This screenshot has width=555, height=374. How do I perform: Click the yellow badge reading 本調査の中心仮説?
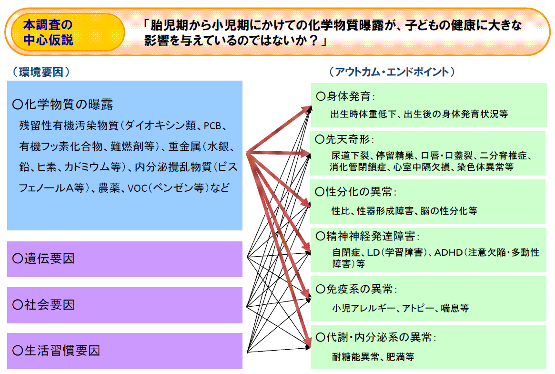point(68,32)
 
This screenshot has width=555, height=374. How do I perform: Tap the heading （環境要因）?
point(41,72)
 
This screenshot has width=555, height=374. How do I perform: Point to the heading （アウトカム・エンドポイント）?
point(392,72)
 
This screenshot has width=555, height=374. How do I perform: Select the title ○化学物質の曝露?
point(63,104)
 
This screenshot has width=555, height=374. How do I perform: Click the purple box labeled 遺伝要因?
point(125,259)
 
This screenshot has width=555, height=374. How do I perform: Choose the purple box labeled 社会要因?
point(125,305)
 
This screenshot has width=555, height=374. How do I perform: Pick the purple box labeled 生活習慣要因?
point(125,351)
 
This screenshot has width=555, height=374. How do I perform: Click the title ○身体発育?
point(345,96)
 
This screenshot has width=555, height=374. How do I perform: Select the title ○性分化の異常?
point(356,191)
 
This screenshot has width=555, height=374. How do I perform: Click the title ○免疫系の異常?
point(356,289)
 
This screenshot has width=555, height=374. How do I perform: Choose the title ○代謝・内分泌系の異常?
point(376,337)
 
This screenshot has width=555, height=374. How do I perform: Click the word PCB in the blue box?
point(212,126)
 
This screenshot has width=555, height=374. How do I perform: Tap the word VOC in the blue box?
point(137,188)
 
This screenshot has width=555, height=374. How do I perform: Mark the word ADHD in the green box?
point(448,252)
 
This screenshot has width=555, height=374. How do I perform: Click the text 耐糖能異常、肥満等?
point(373,357)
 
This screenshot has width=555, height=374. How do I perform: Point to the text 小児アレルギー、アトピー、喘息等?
point(400,308)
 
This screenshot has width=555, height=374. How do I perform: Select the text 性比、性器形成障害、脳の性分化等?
point(404,211)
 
